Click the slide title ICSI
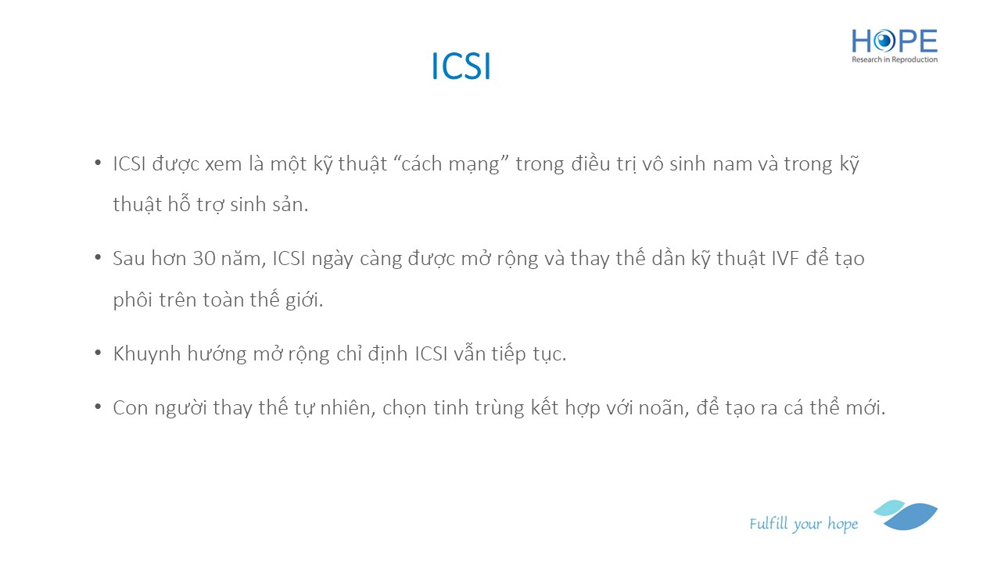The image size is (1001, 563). (461, 66)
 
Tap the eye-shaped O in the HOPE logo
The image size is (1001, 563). (884, 41)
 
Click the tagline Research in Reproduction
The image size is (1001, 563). (894, 59)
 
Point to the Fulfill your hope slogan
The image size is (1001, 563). (803, 524)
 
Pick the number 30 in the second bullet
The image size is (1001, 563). (204, 259)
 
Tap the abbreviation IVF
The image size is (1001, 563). (785, 259)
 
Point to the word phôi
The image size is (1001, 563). (133, 299)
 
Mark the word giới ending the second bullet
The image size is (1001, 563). (304, 299)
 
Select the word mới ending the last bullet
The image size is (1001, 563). (868, 407)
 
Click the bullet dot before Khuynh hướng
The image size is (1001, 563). (98, 353)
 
